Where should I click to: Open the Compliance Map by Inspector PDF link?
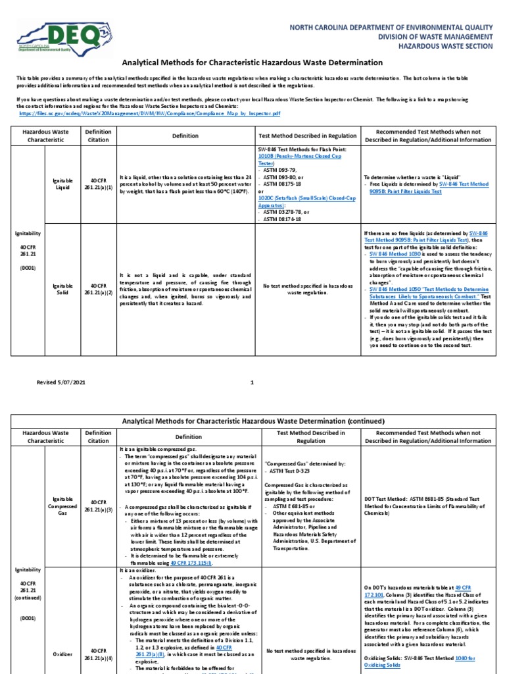coord(150,113)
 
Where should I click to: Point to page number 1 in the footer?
coord(252,382)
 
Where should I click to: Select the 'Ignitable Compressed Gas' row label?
coord(63,505)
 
